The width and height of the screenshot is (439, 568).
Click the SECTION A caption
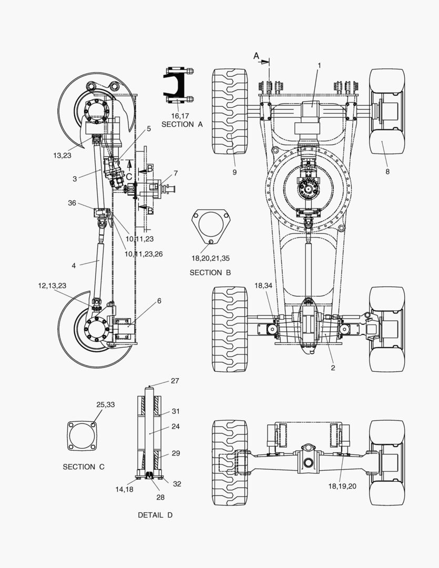tap(182, 124)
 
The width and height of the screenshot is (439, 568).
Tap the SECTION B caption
tap(210, 272)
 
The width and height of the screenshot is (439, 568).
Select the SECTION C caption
tap(83, 467)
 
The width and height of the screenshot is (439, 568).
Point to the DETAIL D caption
tap(155, 515)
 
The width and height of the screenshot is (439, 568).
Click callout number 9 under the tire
tap(234, 173)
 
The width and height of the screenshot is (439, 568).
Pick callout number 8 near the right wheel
tap(387, 171)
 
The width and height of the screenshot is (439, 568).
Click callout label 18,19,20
tap(342, 486)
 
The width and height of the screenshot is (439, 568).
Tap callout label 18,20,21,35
tap(210, 258)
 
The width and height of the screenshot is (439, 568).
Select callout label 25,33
tap(105, 404)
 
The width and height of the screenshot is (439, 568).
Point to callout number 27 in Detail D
tap(175, 381)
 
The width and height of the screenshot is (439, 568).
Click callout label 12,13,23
tap(52, 286)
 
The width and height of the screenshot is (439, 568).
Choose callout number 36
tap(72, 203)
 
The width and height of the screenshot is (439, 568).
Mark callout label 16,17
tap(180, 116)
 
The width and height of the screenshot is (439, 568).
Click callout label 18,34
tap(263, 286)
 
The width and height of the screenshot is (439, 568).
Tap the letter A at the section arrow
tap(256, 56)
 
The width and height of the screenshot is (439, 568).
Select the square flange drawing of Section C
tap(82, 436)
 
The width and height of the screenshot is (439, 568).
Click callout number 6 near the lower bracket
tap(159, 301)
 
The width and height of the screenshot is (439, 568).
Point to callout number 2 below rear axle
tap(333, 368)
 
